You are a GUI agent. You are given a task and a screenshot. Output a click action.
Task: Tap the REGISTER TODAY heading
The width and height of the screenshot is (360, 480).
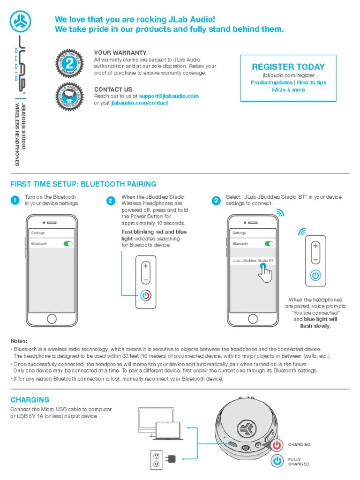pos(288,67)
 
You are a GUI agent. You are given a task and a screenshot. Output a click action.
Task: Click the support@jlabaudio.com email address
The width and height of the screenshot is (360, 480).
pos(169,96)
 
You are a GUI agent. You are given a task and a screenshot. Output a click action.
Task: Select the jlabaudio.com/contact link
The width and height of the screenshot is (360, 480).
pos(139,103)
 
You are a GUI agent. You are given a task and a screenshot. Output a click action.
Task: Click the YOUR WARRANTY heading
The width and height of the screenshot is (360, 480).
pos(120,53)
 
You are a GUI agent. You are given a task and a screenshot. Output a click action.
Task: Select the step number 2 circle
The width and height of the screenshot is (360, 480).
pos(111,201)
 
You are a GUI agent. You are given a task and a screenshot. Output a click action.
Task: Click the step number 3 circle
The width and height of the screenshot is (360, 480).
pos(216,201)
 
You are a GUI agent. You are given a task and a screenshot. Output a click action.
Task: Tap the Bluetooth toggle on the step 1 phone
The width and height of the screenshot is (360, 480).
pos(68,244)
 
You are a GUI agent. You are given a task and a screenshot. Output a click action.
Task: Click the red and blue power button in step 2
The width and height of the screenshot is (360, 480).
pos(146,296)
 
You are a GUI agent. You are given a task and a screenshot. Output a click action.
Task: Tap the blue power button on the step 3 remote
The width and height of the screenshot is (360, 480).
pos(315,275)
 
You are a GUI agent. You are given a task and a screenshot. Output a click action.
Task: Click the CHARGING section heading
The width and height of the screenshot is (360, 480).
pos(30,400)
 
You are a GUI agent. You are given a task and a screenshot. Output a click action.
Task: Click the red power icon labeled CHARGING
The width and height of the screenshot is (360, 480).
pos(277,444)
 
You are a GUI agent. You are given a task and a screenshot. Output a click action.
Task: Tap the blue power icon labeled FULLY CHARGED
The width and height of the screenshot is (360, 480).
pos(277,461)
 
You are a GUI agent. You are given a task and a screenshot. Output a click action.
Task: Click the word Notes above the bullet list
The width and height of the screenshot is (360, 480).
pos(19,341)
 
